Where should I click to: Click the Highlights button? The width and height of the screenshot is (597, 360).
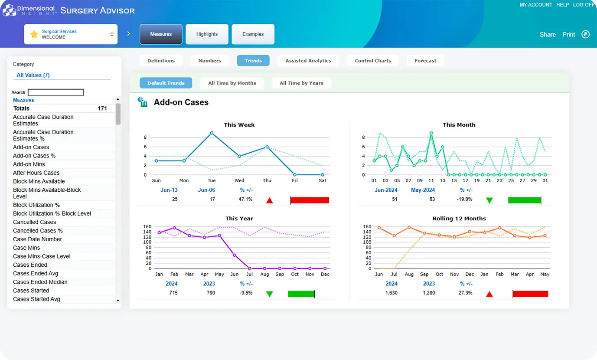point(207,34)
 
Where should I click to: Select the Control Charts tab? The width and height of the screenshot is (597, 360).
point(373,61)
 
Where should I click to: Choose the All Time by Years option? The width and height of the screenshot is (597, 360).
point(301,83)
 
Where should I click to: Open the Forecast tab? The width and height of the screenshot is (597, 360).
point(425,61)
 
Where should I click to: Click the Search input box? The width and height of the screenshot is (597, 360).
point(55,92)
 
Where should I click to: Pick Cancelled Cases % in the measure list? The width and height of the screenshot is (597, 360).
point(38,231)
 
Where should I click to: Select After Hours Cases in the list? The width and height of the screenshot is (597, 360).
point(36,173)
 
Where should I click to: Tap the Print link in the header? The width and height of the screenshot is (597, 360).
point(568,35)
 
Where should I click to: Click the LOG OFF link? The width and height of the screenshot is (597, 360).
point(584,5)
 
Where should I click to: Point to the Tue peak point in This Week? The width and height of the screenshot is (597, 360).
point(212,133)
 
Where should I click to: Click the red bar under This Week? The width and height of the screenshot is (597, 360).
point(310,200)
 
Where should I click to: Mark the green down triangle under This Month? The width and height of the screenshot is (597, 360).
point(489,200)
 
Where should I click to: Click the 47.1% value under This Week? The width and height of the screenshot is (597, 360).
point(245,200)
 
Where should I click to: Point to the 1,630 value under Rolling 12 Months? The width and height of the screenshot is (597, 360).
point(391,293)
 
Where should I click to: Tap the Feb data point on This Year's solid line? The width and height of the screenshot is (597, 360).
point(174,228)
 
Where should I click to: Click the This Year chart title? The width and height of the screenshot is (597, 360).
point(239,219)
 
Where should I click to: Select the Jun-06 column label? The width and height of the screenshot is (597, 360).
point(206,190)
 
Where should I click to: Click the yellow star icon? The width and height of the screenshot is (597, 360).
point(34,34)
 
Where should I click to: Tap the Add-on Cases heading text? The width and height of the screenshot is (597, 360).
point(181,102)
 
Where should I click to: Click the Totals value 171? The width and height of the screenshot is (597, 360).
point(102,108)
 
